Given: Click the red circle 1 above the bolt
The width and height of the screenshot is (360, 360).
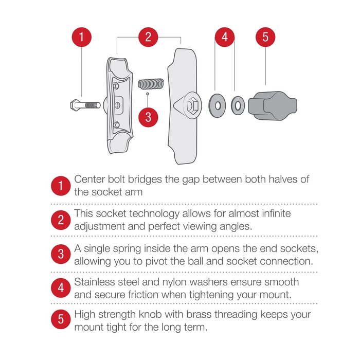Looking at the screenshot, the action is [81, 37].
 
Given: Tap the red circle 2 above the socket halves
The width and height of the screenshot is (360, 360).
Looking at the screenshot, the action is [148, 37].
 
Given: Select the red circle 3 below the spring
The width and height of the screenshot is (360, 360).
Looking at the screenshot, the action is [148, 117].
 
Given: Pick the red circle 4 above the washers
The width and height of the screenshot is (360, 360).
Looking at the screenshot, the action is [225, 37].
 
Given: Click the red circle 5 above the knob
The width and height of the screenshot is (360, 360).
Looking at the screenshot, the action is [265, 37].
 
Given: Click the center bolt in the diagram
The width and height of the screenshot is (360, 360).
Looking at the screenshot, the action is [85, 105].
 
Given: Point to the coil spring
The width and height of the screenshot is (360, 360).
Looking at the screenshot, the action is [151, 84].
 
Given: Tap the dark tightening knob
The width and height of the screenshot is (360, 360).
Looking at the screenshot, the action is [273, 106].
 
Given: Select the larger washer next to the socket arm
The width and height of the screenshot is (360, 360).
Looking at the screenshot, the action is [217, 105].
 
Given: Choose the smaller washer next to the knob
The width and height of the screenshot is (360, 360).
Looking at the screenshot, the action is [238, 105].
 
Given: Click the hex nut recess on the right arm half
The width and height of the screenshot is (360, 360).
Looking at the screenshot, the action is [192, 106].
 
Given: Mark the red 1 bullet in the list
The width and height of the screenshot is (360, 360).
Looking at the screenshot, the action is [61, 186].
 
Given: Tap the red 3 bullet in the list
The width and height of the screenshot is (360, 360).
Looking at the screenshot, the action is [61, 254].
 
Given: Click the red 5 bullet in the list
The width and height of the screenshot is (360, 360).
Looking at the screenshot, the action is [61, 319].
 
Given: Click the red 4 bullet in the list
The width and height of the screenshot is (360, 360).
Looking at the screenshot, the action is [61, 288].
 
